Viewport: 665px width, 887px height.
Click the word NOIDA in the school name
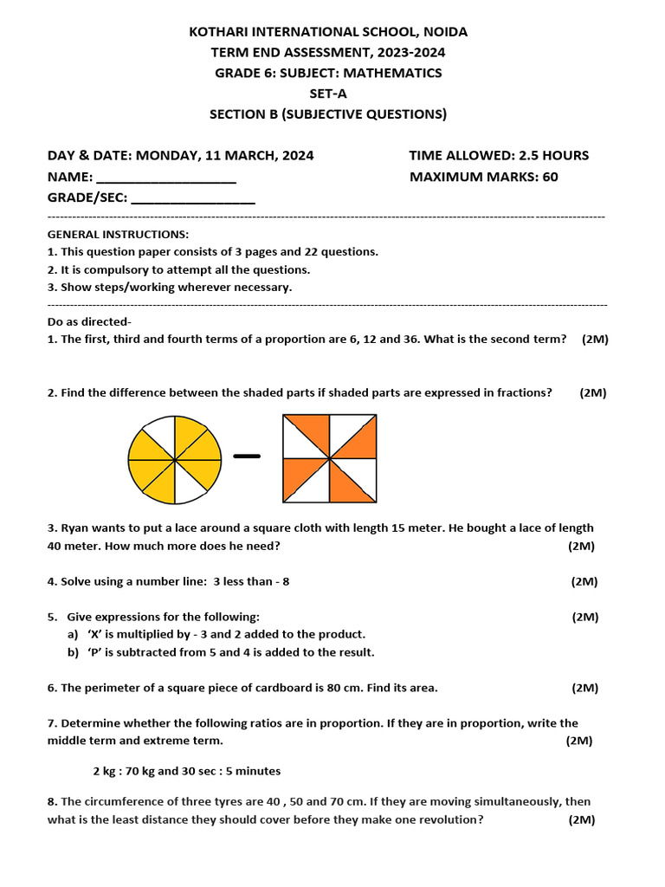click(x=444, y=32)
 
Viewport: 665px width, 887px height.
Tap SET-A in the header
click(x=328, y=94)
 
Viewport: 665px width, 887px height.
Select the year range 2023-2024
click(x=405, y=53)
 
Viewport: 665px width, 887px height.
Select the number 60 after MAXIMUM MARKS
click(x=550, y=178)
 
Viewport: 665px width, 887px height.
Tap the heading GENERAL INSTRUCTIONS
click(x=118, y=235)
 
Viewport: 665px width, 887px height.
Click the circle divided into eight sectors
click(x=174, y=459)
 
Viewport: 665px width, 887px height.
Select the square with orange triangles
click(x=330, y=458)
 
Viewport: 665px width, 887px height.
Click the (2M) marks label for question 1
click(x=595, y=340)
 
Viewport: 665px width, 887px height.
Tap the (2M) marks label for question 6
click(x=584, y=689)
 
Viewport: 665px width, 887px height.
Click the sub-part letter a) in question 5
click(x=73, y=635)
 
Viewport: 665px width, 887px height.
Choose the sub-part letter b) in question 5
click(x=73, y=652)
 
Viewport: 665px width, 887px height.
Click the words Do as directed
click(x=88, y=322)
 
